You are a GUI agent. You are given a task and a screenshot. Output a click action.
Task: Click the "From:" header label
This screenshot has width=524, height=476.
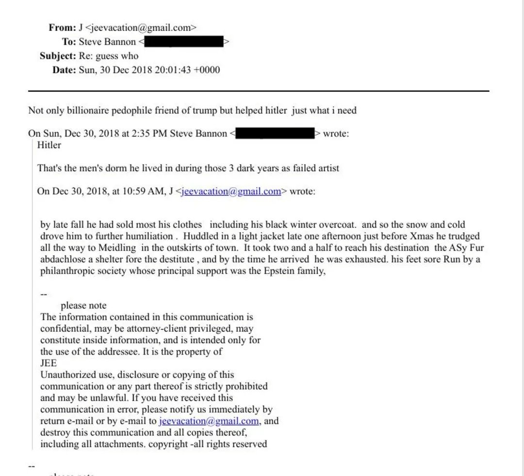pos(62,28)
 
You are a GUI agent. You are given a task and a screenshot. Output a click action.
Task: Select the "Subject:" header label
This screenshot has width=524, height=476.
pos(58,56)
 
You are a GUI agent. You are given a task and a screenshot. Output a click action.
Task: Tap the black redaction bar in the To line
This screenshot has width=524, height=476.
pos(184,42)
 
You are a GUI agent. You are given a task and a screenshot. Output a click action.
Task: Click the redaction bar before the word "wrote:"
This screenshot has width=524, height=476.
pos(275,133)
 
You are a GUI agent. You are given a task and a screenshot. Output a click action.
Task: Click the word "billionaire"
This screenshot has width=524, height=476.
pos(91,111)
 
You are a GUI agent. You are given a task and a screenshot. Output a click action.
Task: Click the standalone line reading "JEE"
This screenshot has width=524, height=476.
pos(49,363)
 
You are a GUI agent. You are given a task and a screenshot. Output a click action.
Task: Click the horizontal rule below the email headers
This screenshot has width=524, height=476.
pos(259,91)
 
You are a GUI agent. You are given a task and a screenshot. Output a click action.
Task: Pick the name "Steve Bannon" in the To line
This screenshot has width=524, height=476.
pos(108,42)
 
